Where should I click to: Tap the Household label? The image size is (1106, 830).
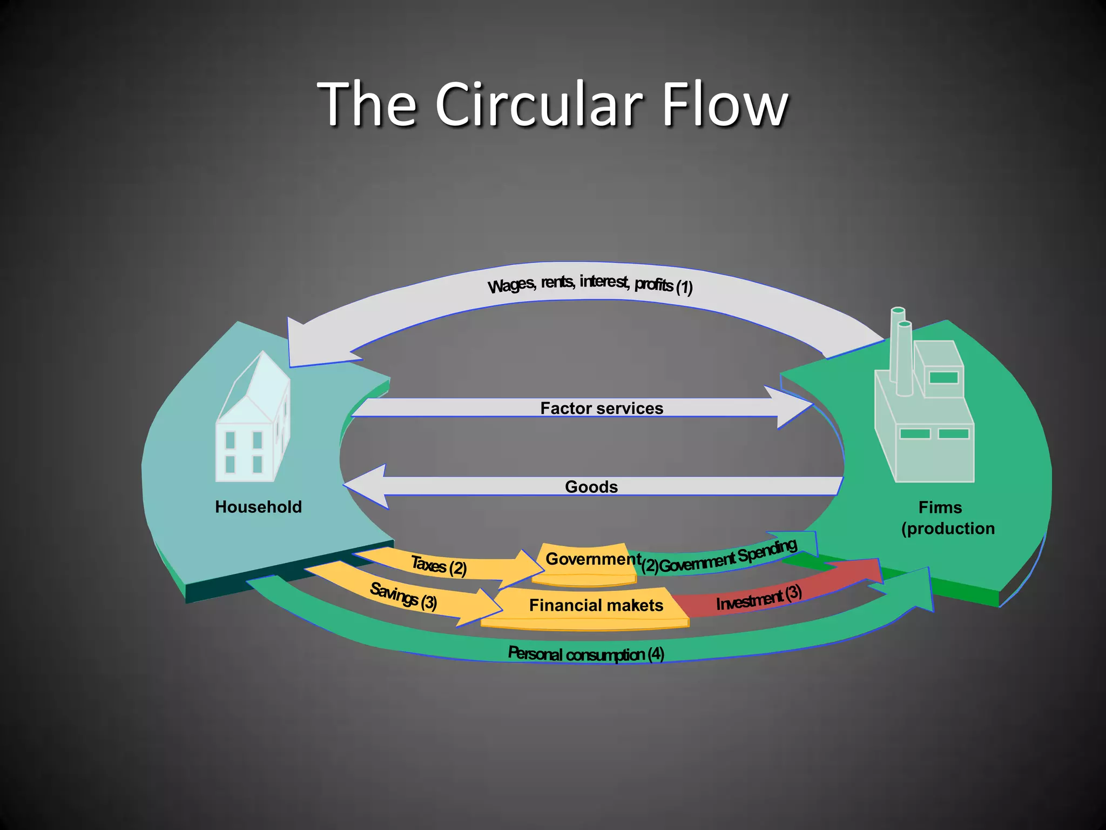258,507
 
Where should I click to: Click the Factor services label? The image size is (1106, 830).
602,408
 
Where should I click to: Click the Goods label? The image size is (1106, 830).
591,486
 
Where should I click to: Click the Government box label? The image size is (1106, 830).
592,559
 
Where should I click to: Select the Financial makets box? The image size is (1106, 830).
596,605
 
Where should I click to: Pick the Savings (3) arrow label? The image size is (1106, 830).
403,597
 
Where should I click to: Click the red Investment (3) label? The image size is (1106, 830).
758,598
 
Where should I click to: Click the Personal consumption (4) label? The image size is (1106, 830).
585,654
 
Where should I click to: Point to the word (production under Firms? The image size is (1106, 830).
948,528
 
